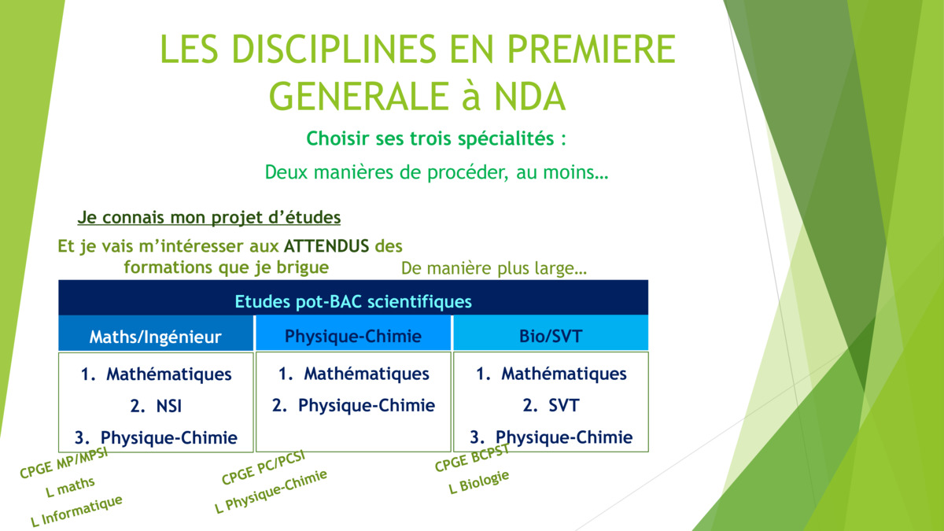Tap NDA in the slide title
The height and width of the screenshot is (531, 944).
pyautogui.click(x=529, y=97)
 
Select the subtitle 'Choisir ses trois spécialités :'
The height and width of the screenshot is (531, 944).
pyautogui.click(x=436, y=138)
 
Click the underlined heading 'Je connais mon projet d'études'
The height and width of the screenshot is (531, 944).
pyautogui.click(x=209, y=217)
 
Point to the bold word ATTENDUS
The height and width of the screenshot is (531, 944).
pyautogui.click(x=326, y=245)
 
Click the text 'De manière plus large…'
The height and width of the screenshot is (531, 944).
pyautogui.click(x=494, y=268)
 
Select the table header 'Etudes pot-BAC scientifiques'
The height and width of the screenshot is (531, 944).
pyautogui.click(x=353, y=302)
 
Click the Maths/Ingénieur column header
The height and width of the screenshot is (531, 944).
pyautogui.click(x=156, y=337)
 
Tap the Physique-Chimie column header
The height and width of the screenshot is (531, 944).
pyautogui.click(x=353, y=337)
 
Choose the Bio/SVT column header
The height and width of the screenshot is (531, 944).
pyautogui.click(x=551, y=337)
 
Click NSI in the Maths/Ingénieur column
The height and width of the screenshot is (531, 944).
pyautogui.click(x=169, y=406)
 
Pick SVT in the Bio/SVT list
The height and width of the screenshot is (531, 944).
pyautogui.click(x=564, y=405)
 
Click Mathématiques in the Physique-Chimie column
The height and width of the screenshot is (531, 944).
pyautogui.click(x=367, y=374)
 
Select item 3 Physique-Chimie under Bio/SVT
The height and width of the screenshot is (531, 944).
pyautogui.click(x=551, y=437)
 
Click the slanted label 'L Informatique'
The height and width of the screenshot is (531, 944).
pyautogui.click(x=77, y=511)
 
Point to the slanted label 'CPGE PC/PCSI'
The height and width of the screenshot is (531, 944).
pyautogui.click(x=264, y=467)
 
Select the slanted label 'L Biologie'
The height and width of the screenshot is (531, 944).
pyautogui.click(x=479, y=482)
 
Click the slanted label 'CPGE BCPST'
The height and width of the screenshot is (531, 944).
pyautogui.click(x=473, y=458)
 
